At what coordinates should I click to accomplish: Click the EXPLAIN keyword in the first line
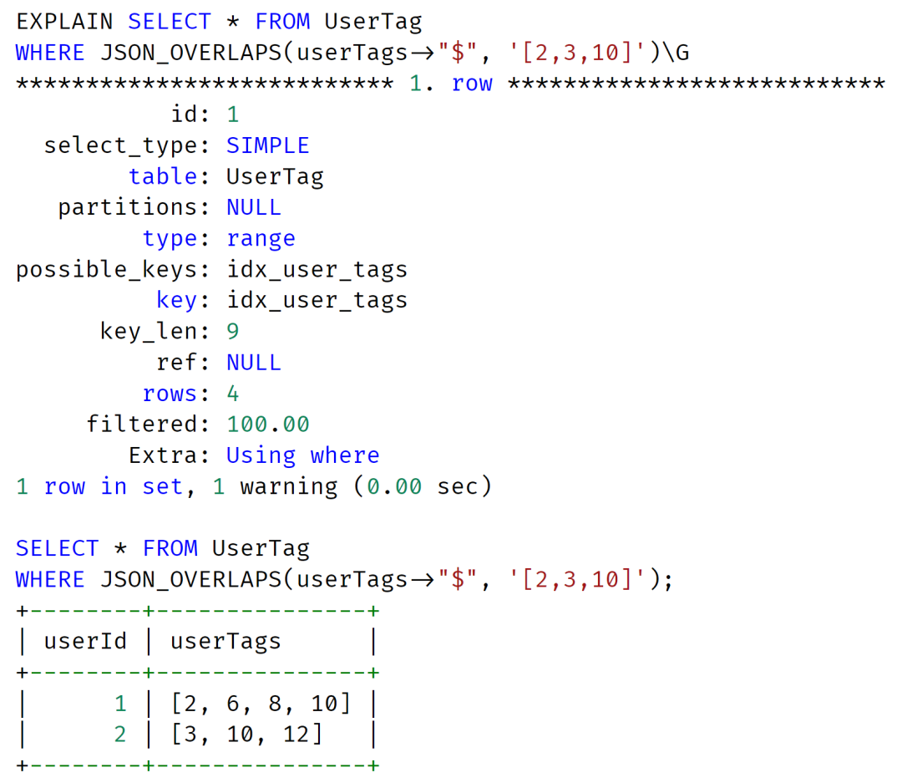tap(64, 22)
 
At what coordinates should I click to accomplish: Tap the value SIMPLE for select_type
tap(268, 145)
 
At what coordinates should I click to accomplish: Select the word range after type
tap(261, 239)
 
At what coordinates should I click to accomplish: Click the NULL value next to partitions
tap(254, 207)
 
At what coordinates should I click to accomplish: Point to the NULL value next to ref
tap(254, 363)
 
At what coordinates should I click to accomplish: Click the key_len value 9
tap(232, 332)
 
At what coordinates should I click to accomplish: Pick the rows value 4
tap(232, 394)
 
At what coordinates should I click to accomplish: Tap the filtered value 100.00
tap(268, 425)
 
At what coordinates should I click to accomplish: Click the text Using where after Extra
tap(303, 456)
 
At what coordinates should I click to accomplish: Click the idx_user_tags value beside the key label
tap(317, 301)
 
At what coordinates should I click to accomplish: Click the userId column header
tap(85, 642)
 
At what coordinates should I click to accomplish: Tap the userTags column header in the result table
tap(225, 642)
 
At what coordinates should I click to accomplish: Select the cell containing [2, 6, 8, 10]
tap(261, 704)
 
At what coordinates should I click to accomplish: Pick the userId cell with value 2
tap(119, 735)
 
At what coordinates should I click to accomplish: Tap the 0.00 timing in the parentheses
tap(394, 487)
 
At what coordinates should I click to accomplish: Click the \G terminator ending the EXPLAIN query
tap(676, 53)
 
